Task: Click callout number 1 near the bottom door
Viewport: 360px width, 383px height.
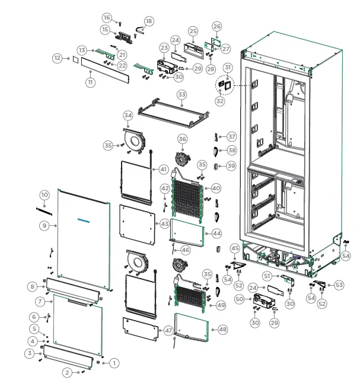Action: coord(115,362)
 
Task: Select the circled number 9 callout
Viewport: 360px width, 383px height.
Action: coord(44,225)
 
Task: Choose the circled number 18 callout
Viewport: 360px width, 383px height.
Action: coord(148,21)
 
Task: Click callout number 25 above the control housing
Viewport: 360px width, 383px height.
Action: coord(193,31)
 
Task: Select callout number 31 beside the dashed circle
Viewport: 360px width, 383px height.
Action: coord(228,69)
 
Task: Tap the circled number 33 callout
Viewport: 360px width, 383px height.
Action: coord(181,95)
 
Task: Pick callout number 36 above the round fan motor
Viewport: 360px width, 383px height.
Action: coord(182,139)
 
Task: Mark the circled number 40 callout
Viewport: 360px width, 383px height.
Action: coord(216,188)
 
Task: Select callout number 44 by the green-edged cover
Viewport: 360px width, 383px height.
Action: coord(216,234)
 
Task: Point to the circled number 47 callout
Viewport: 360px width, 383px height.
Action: coord(169,330)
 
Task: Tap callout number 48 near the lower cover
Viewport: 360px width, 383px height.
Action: coord(222,329)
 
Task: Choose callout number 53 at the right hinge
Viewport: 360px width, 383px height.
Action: coord(339,285)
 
